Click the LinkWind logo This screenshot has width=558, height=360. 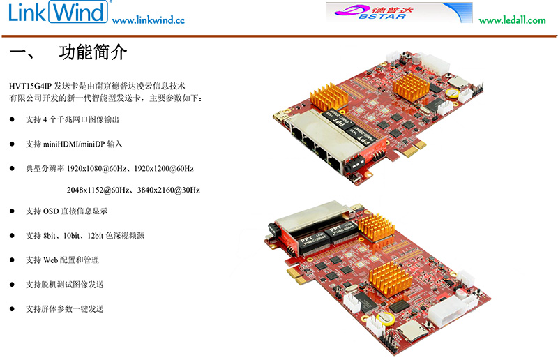58,12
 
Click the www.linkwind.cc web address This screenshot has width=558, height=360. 149,20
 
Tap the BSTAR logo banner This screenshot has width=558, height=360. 399,13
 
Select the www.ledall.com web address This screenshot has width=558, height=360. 512,20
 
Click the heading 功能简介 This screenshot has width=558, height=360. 93,52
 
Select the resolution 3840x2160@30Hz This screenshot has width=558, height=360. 169,190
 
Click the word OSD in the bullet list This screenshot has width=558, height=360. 51,211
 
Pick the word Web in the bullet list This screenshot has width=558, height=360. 50,260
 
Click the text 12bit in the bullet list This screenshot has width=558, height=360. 96,235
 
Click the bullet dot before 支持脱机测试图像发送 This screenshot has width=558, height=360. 12,285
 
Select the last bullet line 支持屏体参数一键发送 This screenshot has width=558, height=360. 64,309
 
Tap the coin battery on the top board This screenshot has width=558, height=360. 453,93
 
